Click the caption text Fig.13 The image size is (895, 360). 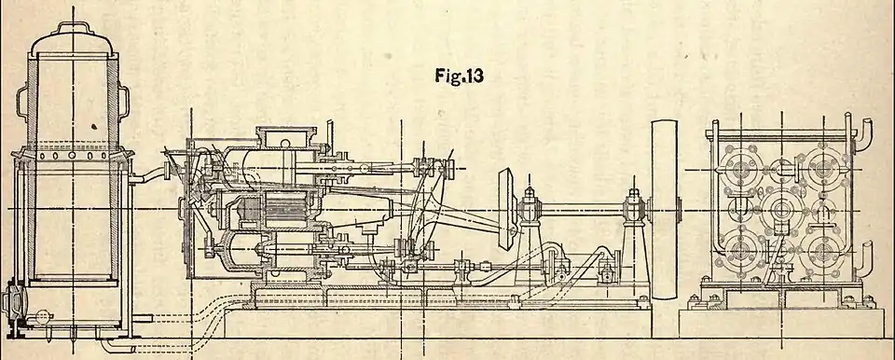pos(459,76)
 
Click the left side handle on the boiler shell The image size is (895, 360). pos(21,103)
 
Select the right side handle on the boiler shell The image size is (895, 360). pos(124,103)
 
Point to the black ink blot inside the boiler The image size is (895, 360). pos(94,125)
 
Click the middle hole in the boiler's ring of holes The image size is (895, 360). pos(73,155)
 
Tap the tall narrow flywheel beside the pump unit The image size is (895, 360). pos(665,209)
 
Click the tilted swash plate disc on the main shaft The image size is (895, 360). pos(506,209)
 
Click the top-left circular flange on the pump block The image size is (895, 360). pos(740,170)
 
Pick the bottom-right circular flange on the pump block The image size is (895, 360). pos(823,253)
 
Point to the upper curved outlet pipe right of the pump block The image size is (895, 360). pos(862,133)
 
